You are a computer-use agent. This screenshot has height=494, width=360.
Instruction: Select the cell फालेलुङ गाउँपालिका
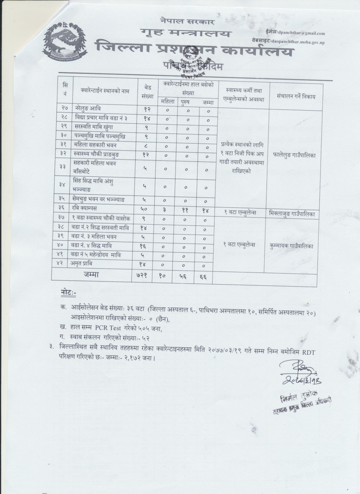[295, 156]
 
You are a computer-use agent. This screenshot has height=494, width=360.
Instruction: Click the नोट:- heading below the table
[69, 293]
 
